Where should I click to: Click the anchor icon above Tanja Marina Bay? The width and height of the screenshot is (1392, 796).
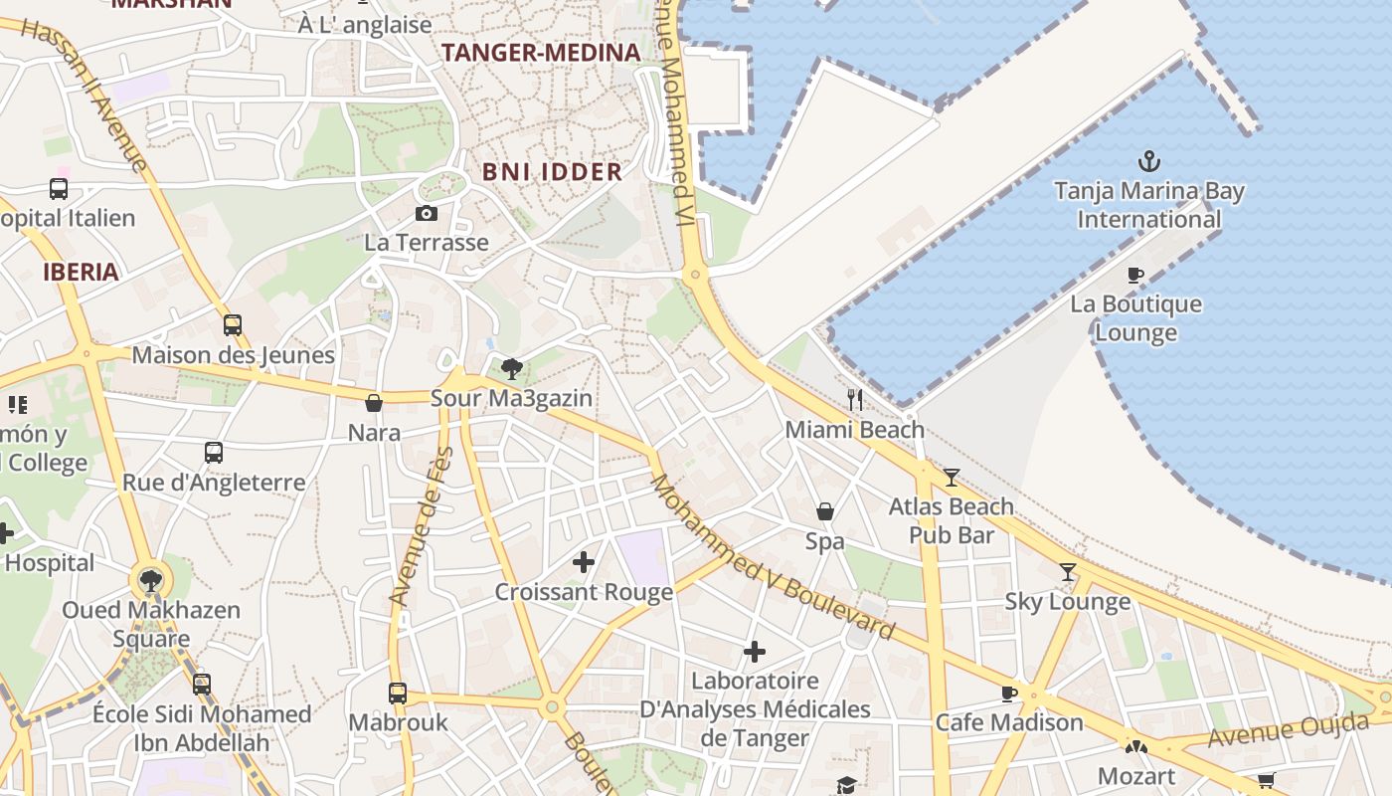pyautogui.click(x=1149, y=160)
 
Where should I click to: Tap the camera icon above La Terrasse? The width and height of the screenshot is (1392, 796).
pyautogui.click(x=426, y=213)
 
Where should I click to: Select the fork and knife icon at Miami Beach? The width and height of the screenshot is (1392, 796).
pyautogui.click(x=855, y=400)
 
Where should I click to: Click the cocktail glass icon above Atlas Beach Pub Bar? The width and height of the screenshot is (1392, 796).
pyautogui.click(x=952, y=478)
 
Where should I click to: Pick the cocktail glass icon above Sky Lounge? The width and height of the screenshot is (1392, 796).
pyautogui.click(x=1068, y=572)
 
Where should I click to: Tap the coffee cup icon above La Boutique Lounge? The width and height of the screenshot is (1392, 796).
pyautogui.click(x=1135, y=275)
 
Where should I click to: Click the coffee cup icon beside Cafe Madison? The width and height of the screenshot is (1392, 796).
pyautogui.click(x=1009, y=694)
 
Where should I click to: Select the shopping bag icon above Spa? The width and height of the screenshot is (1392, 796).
pyautogui.click(x=825, y=512)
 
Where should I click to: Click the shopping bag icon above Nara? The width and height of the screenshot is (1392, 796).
pyautogui.click(x=374, y=403)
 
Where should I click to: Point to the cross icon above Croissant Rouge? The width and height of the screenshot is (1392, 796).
pyautogui.click(x=584, y=563)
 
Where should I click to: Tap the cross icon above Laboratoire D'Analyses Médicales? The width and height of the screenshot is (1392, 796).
pyautogui.click(x=755, y=652)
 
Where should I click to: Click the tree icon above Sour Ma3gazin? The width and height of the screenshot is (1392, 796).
pyautogui.click(x=512, y=369)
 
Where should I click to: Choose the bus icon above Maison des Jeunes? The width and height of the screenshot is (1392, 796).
pyautogui.click(x=233, y=325)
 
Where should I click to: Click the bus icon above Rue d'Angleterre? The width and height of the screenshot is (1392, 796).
pyautogui.click(x=214, y=453)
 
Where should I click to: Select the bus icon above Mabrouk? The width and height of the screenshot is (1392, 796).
pyautogui.click(x=398, y=693)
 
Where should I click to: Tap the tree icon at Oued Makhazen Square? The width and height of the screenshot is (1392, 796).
pyautogui.click(x=151, y=580)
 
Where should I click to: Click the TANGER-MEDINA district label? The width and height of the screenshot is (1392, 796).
pyautogui.click(x=540, y=53)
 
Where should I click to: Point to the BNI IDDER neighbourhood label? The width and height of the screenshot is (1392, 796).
pyautogui.click(x=552, y=171)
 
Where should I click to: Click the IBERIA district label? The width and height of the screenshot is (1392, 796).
pyautogui.click(x=81, y=272)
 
